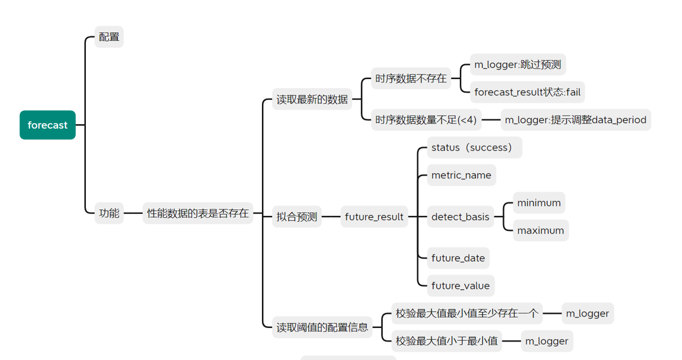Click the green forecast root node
47,125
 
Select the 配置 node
109,37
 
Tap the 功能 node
109,213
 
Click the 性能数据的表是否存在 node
198,213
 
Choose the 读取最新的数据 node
312,99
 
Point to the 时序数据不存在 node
411,78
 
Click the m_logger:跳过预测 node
518,64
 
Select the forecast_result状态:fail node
527,92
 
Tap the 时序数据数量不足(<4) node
426,120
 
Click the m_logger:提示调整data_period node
575,120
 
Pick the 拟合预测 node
297,217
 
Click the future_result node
374,217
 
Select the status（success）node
473,147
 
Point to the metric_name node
461,175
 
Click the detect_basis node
460,217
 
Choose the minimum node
539,203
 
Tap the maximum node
540,230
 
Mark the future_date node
458,258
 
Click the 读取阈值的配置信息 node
322,327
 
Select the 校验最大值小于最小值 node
447,341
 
